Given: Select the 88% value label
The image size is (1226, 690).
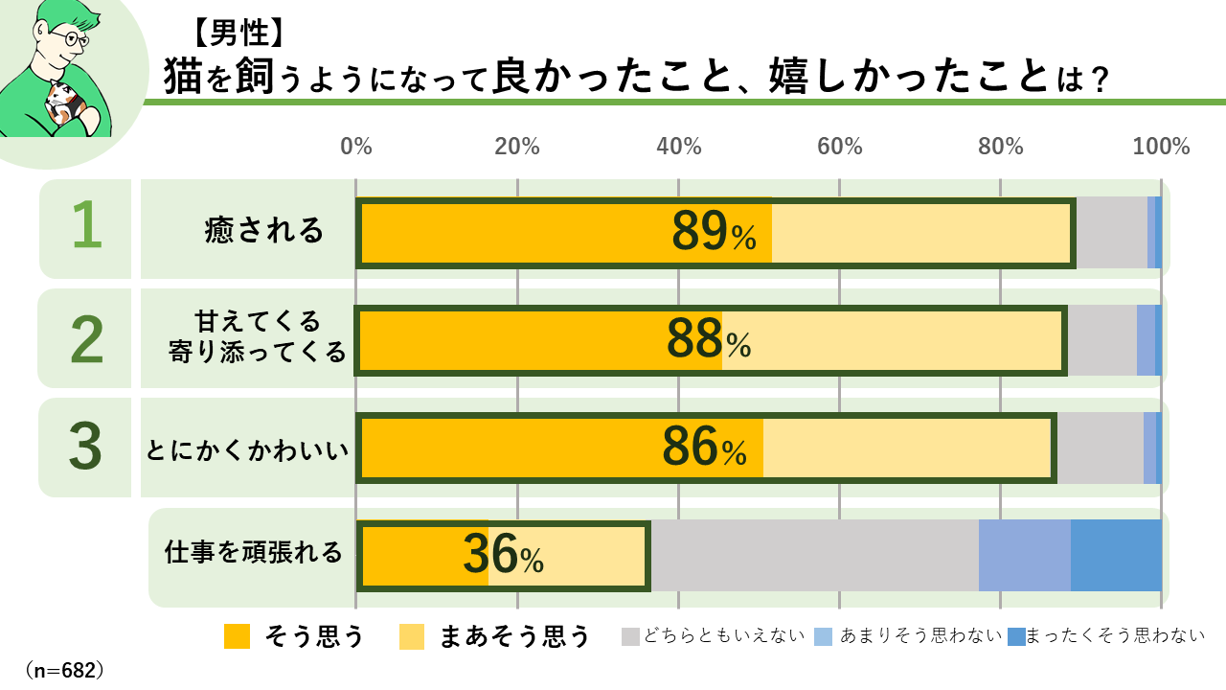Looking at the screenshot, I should [708, 340].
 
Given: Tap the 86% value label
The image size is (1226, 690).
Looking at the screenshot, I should [704, 448].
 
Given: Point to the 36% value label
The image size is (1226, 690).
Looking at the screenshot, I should [503, 555].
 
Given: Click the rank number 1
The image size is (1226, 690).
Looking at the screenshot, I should [86, 227].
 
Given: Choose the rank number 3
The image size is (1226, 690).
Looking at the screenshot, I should [86, 448].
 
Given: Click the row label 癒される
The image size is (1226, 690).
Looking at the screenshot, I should [264, 231].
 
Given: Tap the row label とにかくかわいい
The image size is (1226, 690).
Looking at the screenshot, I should [246, 448].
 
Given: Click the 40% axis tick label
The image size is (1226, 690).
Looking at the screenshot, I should [678, 147].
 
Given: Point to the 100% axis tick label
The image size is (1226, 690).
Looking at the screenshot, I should [1161, 147].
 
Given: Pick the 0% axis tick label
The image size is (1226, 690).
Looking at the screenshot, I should [356, 147].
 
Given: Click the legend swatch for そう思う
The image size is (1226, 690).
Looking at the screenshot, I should [237, 636].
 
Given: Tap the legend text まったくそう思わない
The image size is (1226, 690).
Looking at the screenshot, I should [1115, 636].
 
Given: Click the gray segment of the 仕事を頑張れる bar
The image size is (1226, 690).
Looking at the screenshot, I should [814, 555].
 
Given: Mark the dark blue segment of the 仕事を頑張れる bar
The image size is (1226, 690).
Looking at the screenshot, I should [1116, 555].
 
